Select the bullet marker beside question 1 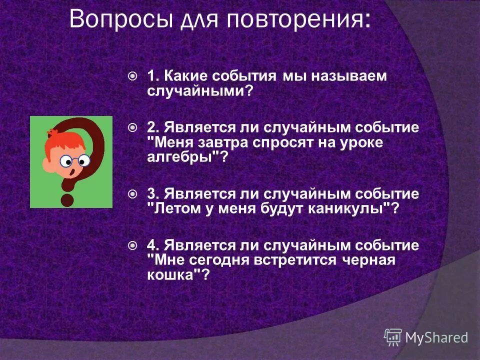[x=132, y=76]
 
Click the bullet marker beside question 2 [x=132, y=127]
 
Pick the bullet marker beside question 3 [x=132, y=193]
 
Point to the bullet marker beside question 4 [x=132, y=245]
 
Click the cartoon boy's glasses [x=75, y=160]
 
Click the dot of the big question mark [x=67, y=200]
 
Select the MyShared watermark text [x=436, y=338]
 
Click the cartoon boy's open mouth [x=73, y=173]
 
